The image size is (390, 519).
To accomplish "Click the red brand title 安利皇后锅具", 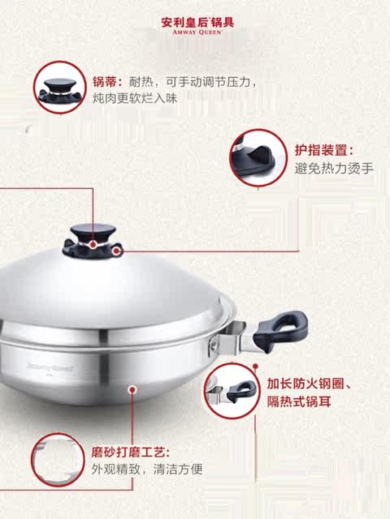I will coord(194,22).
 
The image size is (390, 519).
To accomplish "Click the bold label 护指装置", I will coord(323,150).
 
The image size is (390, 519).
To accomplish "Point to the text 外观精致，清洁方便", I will coord(146,468).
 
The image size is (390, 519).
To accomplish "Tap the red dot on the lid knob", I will coord(94,243).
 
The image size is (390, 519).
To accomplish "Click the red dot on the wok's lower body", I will coord(132,389).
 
